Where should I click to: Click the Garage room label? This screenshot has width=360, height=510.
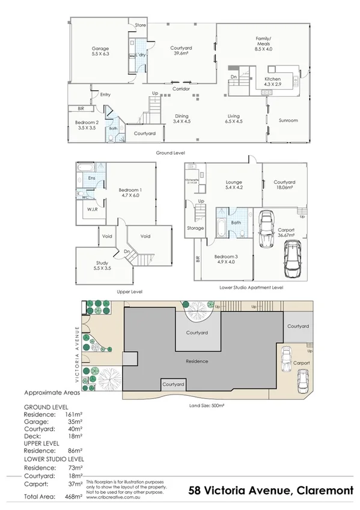100,48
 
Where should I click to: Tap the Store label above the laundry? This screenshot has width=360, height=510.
141,25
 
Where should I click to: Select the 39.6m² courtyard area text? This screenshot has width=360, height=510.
180,53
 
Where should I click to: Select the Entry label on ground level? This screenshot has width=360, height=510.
105,94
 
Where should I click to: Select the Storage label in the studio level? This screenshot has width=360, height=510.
196,228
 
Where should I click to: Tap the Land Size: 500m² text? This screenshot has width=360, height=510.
206,406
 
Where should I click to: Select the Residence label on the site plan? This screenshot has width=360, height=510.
197,361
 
